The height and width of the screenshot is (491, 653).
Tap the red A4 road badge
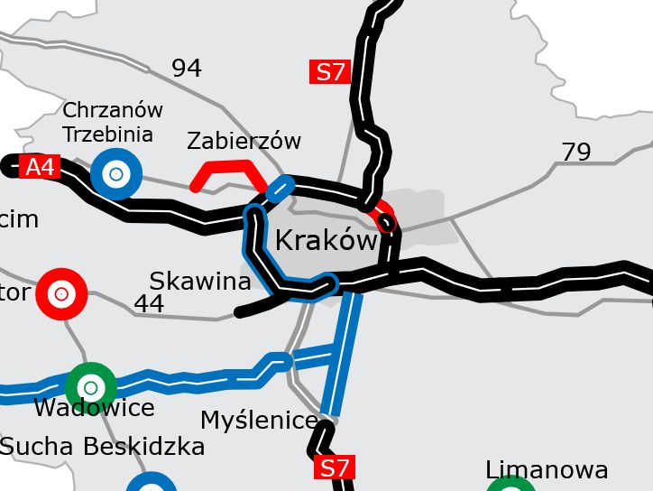[40, 167]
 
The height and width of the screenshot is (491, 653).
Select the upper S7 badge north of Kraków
[331, 72]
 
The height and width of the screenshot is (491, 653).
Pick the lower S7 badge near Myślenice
[334, 468]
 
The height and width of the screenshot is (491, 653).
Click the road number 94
[187, 69]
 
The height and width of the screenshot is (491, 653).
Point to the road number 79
[576, 153]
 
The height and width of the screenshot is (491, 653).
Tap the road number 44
[149, 304]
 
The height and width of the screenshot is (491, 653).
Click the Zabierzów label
[244, 141]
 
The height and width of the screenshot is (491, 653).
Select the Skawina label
[200, 282]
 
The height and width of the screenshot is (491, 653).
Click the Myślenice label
[259, 420]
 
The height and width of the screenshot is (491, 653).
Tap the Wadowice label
[94, 408]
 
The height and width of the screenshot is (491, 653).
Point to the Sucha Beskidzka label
[103, 447]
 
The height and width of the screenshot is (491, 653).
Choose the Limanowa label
[547, 470]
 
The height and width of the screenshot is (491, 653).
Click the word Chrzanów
[113, 110]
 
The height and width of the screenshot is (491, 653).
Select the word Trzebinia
[108, 134]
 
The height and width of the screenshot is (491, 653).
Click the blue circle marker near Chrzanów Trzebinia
[116, 174]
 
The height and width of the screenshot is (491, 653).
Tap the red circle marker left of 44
[61, 294]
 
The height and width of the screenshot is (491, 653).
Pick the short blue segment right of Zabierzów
[281, 187]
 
